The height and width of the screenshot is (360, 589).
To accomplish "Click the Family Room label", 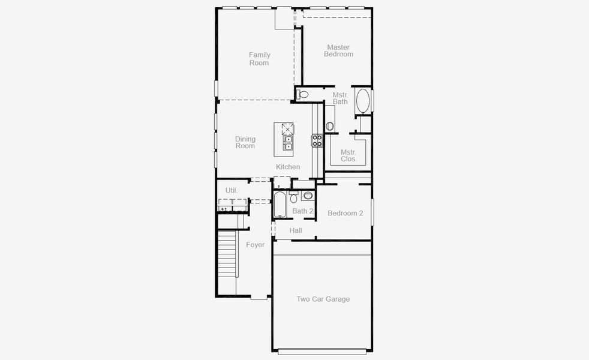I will (259, 59).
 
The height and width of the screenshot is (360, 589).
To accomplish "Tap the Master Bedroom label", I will (338, 50).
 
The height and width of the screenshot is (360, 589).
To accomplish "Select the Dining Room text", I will (245, 142).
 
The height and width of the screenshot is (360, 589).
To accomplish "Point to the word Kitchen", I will (288, 167).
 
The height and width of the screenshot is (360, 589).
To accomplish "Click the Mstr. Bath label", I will (340, 98).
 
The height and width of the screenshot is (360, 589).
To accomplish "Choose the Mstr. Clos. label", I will (348, 155).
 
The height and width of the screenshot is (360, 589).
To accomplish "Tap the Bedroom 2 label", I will (345, 213).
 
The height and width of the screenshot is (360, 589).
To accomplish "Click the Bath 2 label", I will (303, 211).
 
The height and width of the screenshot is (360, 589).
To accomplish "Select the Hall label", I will (296, 230).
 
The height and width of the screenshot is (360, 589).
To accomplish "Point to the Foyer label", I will (255, 245).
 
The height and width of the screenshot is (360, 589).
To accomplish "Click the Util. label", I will (232, 190).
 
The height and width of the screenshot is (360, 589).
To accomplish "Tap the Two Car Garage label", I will (323, 299).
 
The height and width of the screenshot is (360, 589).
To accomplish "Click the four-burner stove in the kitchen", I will (317, 140).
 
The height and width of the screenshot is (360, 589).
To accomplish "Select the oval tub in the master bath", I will (363, 101).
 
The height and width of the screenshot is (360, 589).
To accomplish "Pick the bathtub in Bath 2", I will (280, 205).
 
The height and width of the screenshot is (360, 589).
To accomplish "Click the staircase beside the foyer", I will (227, 254).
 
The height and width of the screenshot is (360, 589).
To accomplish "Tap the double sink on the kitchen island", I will (289, 142).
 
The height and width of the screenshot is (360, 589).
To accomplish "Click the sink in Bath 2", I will (308, 195).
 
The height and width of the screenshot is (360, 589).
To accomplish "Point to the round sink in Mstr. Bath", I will (330, 126).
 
